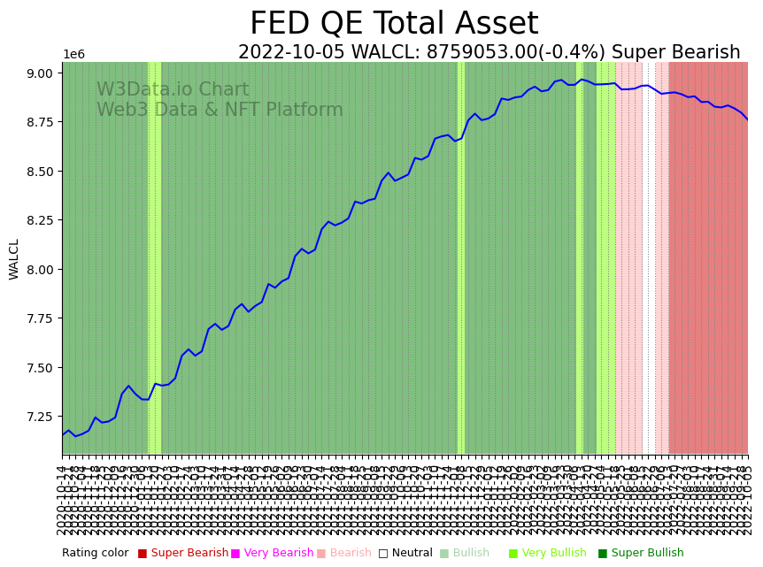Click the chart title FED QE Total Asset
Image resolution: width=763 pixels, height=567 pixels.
(394, 24)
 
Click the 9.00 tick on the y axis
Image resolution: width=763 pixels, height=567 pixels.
(43, 73)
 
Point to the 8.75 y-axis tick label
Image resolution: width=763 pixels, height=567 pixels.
(43, 122)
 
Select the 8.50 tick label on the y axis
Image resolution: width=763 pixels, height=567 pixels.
(43, 171)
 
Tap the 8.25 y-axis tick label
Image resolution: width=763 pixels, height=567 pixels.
(43, 220)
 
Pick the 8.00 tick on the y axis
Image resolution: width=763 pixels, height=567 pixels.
(43, 269)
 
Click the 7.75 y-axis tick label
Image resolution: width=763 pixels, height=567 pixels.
(43, 318)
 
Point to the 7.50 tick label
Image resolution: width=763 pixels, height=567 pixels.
(43, 367)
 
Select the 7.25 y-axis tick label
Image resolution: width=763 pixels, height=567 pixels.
(43, 417)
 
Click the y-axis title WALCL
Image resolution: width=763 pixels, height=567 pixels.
(15, 259)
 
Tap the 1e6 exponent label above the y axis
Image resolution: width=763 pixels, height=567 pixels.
(73, 55)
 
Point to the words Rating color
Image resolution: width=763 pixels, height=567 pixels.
(95, 553)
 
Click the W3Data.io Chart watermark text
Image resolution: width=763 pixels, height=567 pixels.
(173, 90)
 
